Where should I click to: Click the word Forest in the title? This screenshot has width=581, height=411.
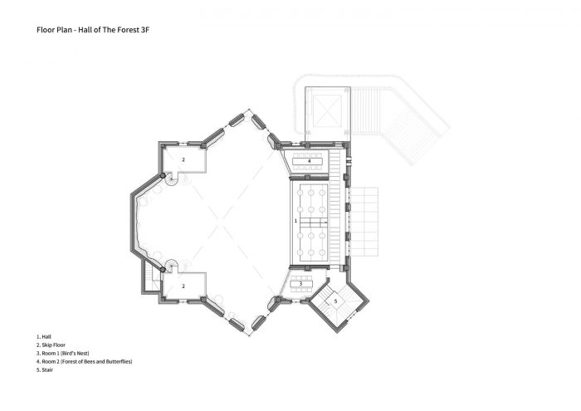(x=128, y=30)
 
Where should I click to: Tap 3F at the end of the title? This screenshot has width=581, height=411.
(x=144, y=30)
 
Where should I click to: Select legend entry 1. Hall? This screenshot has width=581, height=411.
(x=44, y=337)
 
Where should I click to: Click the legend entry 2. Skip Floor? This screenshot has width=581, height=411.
(x=51, y=345)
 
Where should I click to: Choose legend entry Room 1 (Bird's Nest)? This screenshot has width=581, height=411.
(x=62, y=353)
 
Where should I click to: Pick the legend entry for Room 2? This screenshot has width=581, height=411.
(x=84, y=361)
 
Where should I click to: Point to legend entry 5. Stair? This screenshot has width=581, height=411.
(x=45, y=369)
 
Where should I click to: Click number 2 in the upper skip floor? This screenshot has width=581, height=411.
(x=183, y=159)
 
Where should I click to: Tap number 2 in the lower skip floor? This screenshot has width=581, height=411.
(x=183, y=286)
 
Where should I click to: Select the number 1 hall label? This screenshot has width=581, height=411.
(x=295, y=221)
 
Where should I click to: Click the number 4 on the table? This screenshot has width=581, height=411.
(x=309, y=161)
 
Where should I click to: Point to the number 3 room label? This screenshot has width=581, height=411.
(x=300, y=283)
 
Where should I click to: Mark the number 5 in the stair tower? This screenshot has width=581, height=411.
(x=335, y=301)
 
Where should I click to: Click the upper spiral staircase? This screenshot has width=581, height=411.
(x=173, y=179)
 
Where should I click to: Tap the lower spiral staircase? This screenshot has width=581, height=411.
(x=172, y=266)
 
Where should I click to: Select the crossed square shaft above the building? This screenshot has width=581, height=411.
(x=327, y=110)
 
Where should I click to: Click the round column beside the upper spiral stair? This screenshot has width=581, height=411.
(x=163, y=175)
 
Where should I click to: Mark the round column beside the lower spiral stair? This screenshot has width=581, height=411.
(x=163, y=269)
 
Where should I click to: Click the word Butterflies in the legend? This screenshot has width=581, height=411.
(x=119, y=361)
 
